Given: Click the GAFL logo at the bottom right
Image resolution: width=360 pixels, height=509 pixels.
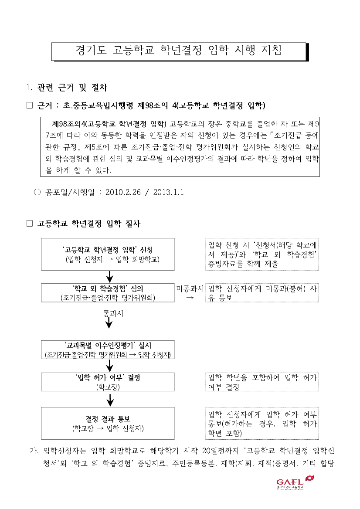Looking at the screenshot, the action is [295, 482].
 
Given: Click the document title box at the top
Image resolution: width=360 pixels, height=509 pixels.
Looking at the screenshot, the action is [180, 51].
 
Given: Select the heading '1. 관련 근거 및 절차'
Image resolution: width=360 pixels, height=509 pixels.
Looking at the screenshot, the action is [67, 88].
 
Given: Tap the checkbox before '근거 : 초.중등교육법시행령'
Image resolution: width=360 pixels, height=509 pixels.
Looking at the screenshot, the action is [30, 105].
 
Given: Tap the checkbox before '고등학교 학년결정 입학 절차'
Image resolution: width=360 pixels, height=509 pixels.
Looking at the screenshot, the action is [30, 223].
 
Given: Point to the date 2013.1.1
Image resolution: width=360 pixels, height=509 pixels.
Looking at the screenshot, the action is [169, 192].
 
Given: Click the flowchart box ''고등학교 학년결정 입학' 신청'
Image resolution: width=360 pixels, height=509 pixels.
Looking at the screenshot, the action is [108, 254].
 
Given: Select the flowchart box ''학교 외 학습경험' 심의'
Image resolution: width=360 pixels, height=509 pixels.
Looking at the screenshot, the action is [108, 293].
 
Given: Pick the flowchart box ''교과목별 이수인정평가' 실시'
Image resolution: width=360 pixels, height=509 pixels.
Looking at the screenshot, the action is [108, 350].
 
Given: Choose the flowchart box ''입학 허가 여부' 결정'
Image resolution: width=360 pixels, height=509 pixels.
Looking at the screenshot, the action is [108, 382].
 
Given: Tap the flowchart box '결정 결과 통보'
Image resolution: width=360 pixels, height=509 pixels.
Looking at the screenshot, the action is [108, 423].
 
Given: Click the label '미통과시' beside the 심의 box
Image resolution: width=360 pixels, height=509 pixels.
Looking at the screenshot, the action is [190, 288].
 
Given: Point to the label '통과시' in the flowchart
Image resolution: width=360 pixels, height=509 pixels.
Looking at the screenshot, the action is [113, 314].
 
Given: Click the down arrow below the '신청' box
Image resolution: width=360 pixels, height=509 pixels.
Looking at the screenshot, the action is [110, 277].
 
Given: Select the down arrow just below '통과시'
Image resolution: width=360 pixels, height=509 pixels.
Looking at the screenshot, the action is [109, 323].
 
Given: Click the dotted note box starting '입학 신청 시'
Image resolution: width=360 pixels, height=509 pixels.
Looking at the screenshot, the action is [262, 254].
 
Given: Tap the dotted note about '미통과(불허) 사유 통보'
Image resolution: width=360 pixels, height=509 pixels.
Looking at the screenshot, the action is [262, 293].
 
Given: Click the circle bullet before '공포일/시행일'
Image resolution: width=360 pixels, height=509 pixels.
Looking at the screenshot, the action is [37, 192].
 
